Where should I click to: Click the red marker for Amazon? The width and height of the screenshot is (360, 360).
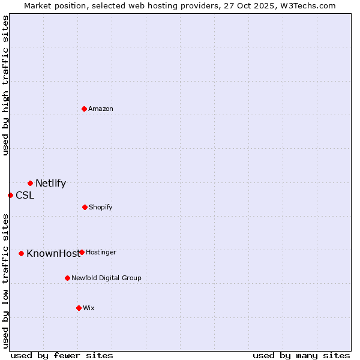point(84,109)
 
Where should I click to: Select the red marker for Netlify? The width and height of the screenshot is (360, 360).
point(30,183)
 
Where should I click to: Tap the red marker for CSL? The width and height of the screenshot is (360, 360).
point(10,195)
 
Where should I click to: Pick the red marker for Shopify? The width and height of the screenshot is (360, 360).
point(85,207)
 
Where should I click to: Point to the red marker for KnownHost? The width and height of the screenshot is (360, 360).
point(21,253)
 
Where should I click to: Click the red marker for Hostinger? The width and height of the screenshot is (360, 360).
point(82,252)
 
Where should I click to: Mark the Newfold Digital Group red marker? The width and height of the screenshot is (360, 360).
point(67,278)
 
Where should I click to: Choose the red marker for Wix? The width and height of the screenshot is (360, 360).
point(79,308)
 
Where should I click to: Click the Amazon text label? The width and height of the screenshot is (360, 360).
point(101,109)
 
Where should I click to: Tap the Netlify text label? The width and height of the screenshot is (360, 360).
point(50,184)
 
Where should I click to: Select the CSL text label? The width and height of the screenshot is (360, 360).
point(25,195)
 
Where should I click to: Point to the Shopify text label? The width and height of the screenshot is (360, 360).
point(100,207)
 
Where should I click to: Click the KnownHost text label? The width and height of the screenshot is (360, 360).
point(53,253)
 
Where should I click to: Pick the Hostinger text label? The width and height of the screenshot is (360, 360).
point(101,252)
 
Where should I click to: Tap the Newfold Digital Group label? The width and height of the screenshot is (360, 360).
point(106,278)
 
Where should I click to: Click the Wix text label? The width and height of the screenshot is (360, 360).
point(88,308)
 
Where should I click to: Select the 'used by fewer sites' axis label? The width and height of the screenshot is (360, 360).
point(62,355)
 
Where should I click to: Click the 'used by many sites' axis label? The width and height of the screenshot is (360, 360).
point(301,355)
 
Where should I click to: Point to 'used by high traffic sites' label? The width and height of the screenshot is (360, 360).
point(5,85)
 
